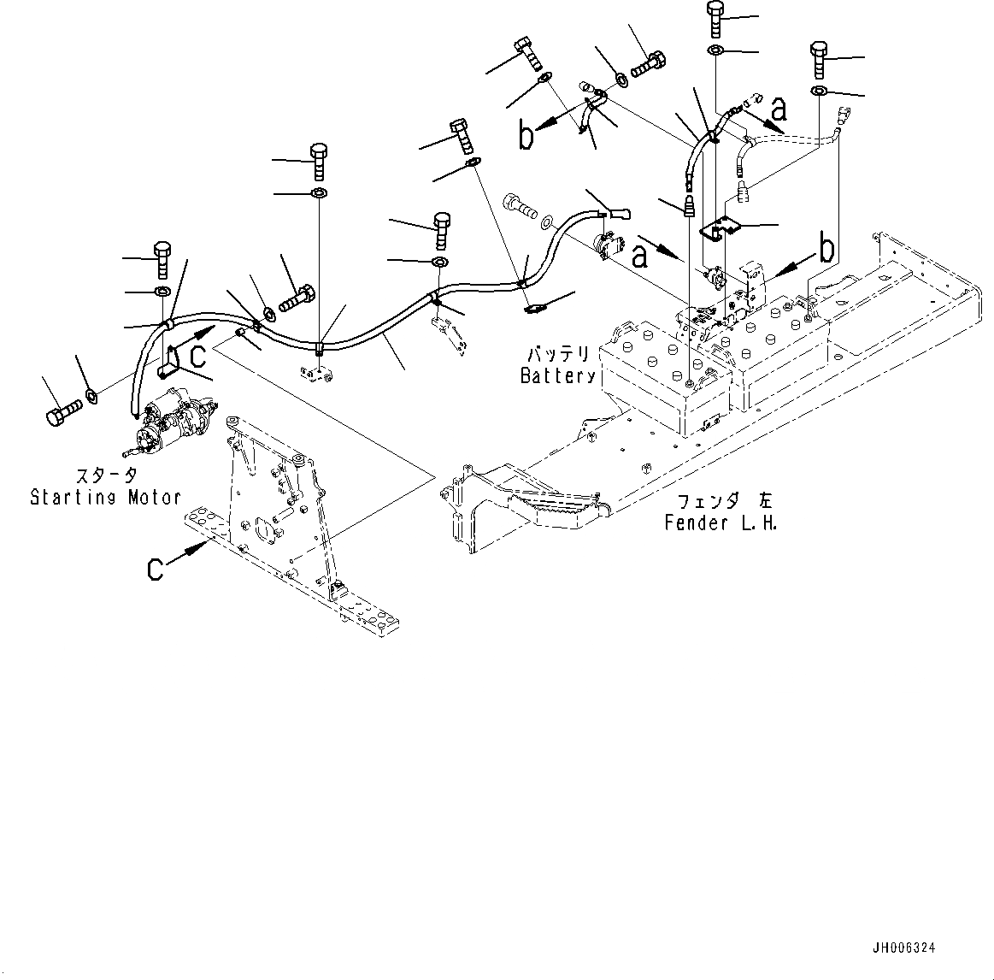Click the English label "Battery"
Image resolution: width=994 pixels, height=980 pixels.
[557, 375]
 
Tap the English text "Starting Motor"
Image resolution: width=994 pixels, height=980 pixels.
[105, 497]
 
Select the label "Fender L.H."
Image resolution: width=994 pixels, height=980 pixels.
[721, 523]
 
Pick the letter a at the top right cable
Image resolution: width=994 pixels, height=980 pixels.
[778, 108]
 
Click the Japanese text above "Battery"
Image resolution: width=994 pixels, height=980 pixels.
[557, 354]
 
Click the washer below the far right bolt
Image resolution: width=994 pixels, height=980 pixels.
[818, 92]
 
